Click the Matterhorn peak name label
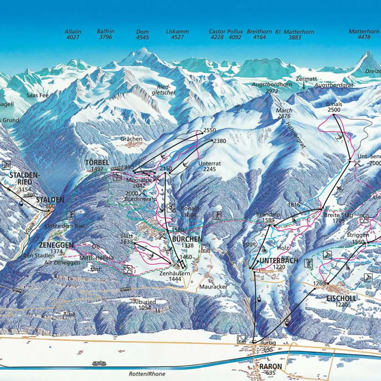coord(364,32)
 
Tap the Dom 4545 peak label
coord(143,34)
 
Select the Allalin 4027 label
coord(73,34)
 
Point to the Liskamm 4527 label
coord(177,34)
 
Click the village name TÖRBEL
coord(96,163)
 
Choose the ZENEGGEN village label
coord(56,245)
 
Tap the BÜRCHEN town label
coord(187,239)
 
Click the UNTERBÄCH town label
coord(279,260)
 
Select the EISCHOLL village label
coord(341,298)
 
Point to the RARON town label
coord(271,367)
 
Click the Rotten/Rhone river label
coord(147,374)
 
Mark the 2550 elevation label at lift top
coord(210,130)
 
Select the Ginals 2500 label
coord(334,107)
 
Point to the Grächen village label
coord(131,139)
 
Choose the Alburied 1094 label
coord(145,304)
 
